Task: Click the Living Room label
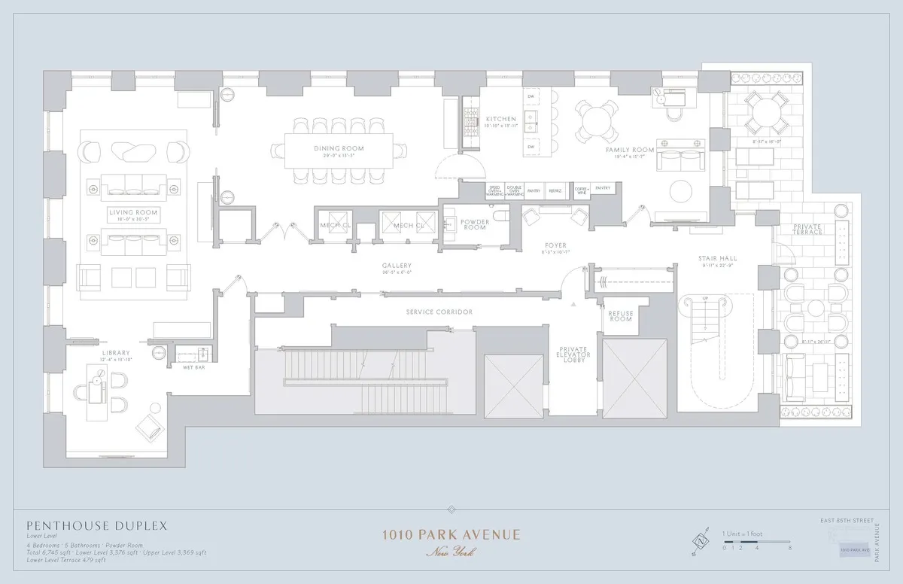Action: click(x=132, y=213)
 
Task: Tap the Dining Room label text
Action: click(x=339, y=148)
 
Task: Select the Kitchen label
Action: click(x=500, y=119)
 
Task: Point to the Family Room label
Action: click(x=630, y=150)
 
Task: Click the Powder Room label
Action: click(x=475, y=224)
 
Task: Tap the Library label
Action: click(x=116, y=352)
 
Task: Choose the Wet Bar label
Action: click(x=194, y=367)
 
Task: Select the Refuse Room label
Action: click(x=621, y=315)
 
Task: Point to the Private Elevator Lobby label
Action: click(x=577, y=354)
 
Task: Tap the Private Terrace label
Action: click(x=807, y=230)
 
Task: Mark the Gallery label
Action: click(x=396, y=266)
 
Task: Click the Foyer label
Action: click(x=555, y=245)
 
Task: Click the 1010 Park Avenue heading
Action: click(x=451, y=535)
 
